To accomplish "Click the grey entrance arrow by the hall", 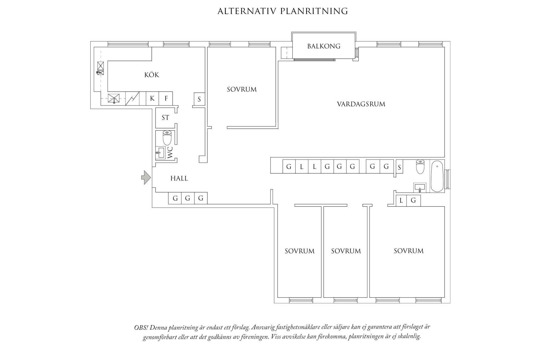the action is coord(146,177).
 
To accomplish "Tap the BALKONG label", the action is coord(324,46).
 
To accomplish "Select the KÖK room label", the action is coord(152,75).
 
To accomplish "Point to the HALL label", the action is coord(179,178).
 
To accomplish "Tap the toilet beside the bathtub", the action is coord(420,167).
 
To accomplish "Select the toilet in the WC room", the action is coord(167,138).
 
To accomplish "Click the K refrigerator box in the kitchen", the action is coord(152,98).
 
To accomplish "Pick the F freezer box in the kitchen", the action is coord(166,98).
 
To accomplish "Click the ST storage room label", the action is coord(165,118).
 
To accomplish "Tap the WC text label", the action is coord(170,153).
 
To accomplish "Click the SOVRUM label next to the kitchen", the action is coord(242,89).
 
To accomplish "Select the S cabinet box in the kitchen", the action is coord(199,99).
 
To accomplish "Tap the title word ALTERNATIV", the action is coord(246,11).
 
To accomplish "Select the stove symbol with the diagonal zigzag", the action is coord(133,98).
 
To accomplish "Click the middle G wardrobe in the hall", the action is coord(188,198).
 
